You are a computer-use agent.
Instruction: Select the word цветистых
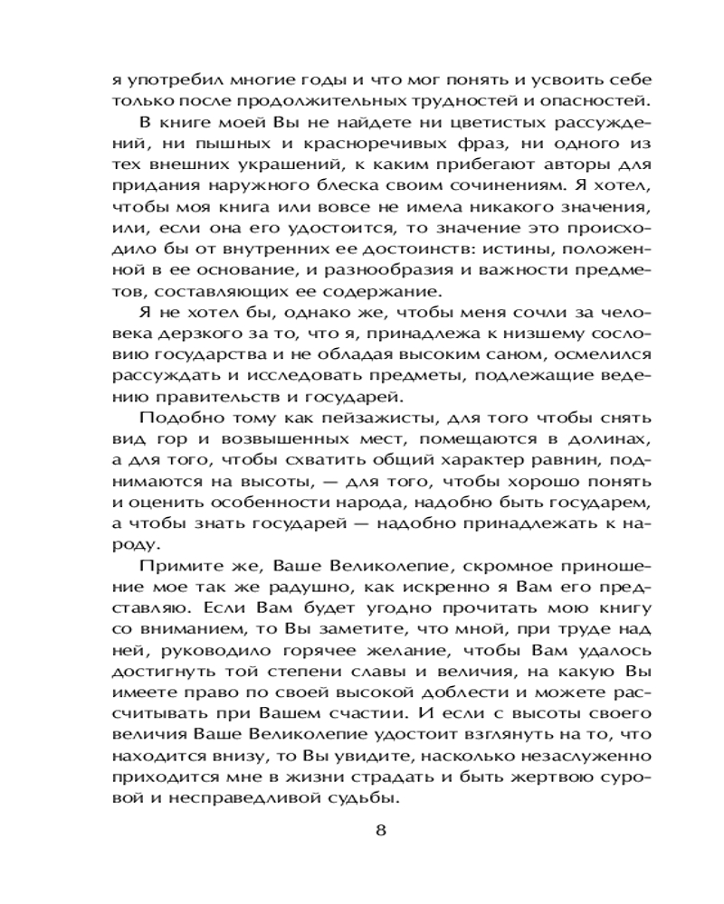tap(393, 121)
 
